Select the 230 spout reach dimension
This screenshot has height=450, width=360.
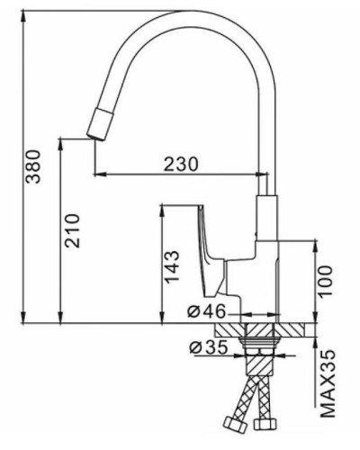[x=181, y=164]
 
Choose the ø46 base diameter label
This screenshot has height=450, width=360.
[x=207, y=312]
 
